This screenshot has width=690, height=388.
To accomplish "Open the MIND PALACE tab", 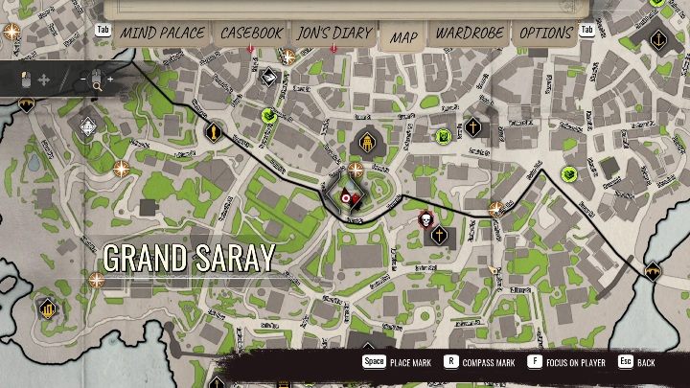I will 162,34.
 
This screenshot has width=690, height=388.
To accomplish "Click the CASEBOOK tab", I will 251,34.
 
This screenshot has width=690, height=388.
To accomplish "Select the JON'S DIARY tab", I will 334,34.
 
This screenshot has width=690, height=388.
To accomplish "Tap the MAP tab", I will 404,36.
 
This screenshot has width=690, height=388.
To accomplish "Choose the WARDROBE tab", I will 471,34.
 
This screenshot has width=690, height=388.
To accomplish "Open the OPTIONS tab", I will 545,34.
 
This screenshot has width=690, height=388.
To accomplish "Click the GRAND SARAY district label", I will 189,258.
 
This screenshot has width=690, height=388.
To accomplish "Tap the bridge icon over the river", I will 654,271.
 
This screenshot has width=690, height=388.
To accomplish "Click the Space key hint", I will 373,363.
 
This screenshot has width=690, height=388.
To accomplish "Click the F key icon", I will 534,363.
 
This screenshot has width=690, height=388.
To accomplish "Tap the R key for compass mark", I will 448,363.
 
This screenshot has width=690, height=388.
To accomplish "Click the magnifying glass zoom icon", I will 97,82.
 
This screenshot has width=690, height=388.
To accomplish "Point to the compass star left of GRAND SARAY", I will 96,280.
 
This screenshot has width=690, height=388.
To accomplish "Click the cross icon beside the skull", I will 439,235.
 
